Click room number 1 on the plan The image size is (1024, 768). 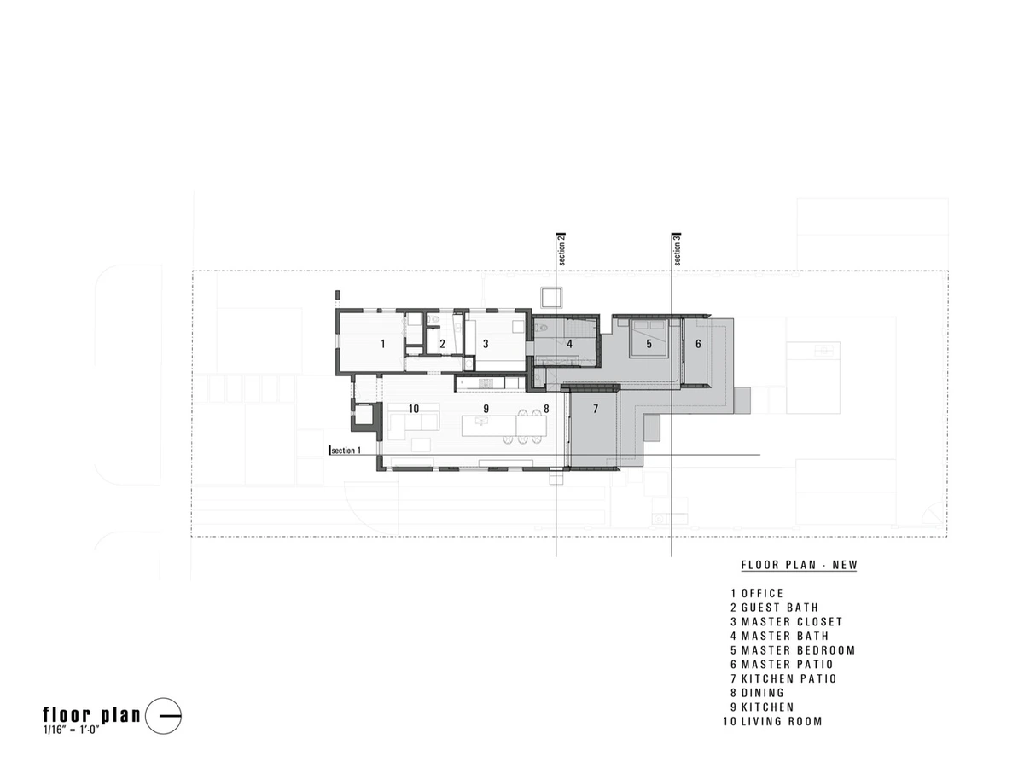tap(382, 344)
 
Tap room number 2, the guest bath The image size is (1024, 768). tap(442, 344)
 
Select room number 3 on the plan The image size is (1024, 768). tap(486, 344)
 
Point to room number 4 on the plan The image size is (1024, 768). tap(569, 344)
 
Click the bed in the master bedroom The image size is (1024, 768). tap(649, 338)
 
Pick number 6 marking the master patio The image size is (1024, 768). tap(698, 344)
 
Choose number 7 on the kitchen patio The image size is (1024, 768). tap(596, 409)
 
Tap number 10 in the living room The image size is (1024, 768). tap(413, 409)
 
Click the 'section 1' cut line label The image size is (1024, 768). tap(346, 451)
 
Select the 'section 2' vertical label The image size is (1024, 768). tap(561, 250)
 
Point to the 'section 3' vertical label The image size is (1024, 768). tap(677, 250)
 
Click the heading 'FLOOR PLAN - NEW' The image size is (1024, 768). tap(799, 565)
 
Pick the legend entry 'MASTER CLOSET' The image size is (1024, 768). tap(792, 621)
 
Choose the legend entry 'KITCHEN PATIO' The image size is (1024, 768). tap(788, 678)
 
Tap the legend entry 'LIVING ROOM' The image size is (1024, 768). tap(782, 721)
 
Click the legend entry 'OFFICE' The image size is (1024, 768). tap(762, 593)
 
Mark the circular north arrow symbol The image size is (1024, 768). tap(163, 716)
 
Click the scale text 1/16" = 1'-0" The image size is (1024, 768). tap(71, 730)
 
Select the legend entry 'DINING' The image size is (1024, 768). tap(763, 693)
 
